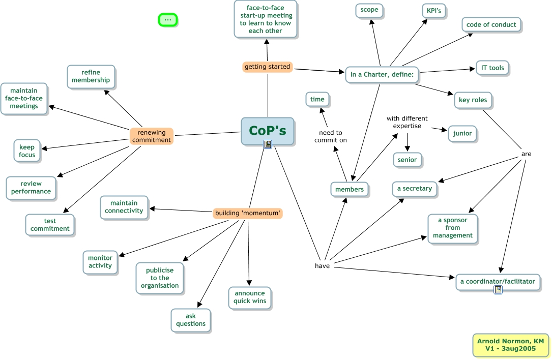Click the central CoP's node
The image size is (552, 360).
point(267,131)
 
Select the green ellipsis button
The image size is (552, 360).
point(168,20)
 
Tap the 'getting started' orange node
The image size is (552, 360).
point(267,67)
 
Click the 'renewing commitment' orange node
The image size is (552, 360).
point(151,136)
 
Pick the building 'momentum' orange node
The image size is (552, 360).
point(247,213)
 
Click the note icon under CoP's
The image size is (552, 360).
point(268,145)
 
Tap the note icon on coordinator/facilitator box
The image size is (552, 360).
point(498,290)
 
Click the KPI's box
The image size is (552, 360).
point(433,11)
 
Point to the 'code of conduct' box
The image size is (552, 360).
point(491,24)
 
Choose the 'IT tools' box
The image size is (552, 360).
point(492,68)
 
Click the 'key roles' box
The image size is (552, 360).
point(473,100)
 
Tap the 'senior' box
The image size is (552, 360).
point(407,160)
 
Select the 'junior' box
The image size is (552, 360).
point(462,133)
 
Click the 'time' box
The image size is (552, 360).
point(317,100)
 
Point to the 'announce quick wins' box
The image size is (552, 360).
point(249,297)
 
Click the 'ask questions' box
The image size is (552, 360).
point(191,320)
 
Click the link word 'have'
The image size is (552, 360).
point(322,265)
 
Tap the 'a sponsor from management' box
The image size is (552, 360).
point(452,228)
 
